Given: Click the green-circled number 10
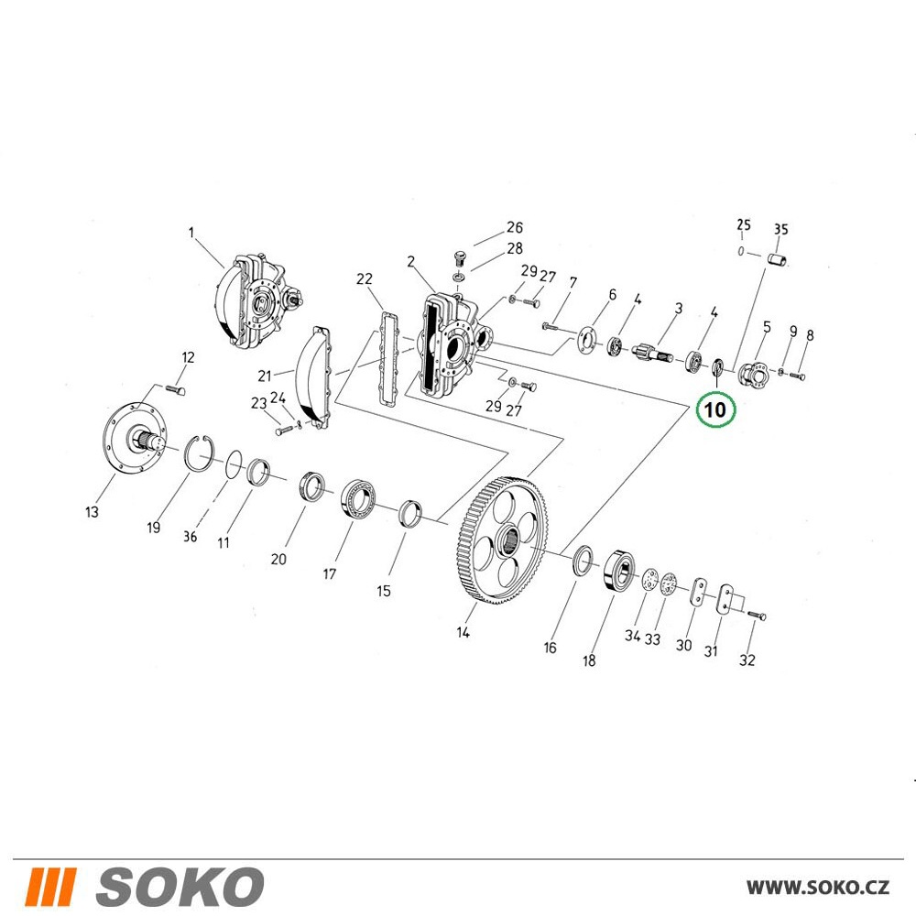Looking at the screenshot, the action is [715, 409].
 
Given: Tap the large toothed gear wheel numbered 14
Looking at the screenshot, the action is [503, 541].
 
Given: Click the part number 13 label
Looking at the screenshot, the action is [92, 512].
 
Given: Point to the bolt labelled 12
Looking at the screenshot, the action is [176, 389].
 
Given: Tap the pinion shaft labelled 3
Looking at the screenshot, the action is [656, 354].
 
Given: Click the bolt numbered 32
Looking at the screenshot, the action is [757, 615].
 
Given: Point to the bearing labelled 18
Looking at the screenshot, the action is [619, 570].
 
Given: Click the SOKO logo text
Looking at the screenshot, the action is [180, 886].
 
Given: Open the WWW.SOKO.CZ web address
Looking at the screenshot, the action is [818, 888].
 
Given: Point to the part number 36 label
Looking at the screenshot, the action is [190, 536].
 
